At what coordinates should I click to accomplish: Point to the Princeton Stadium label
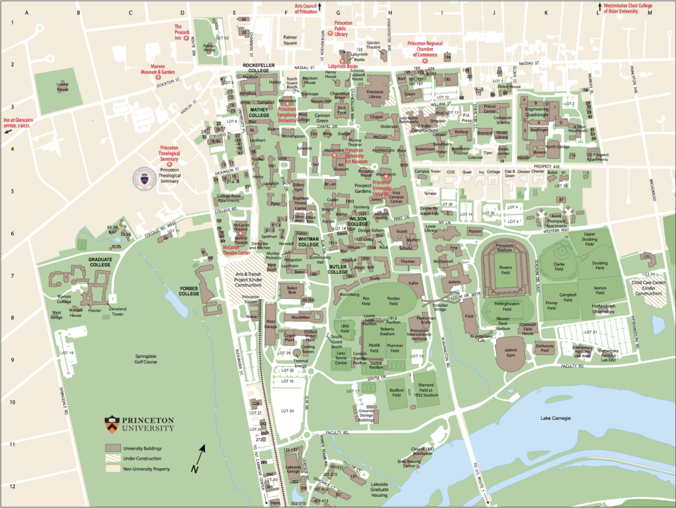(x=504, y=245)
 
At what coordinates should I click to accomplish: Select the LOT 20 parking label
(x=288, y=410)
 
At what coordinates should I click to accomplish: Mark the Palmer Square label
(x=290, y=40)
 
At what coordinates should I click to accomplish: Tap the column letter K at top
(x=546, y=13)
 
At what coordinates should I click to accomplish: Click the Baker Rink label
(x=288, y=291)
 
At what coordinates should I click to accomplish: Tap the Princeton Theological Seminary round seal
(x=141, y=177)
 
